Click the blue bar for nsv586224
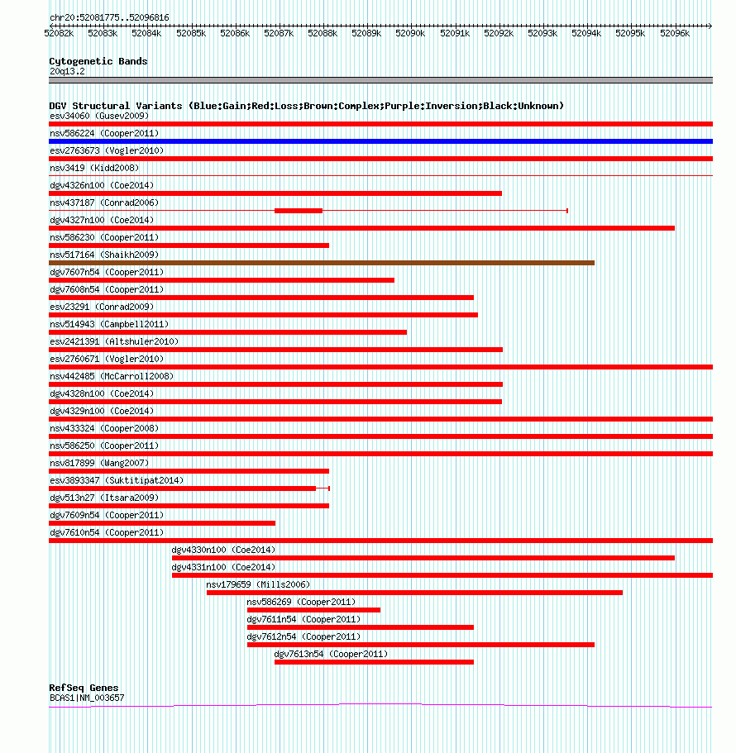click(380, 141)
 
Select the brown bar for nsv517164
click(322, 263)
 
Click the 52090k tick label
click(410, 33)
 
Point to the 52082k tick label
click(59, 33)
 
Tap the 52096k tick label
click(675, 33)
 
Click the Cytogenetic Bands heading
click(98, 61)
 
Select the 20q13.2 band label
click(67, 72)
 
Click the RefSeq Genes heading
click(84, 688)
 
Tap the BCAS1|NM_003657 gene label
click(87, 698)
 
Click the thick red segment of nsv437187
click(299, 211)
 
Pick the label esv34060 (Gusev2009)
click(99, 116)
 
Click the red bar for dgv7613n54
click(374, 662)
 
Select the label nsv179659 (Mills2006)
click(258, 584)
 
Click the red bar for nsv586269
click(313, 610)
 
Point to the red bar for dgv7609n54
click(162, 523)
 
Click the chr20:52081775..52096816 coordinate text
click(109, 17)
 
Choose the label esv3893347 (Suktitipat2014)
click(117, 480)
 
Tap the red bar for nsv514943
click(227, 332)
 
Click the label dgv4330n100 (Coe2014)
click(223, 550)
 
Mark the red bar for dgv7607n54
click(222, 280)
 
